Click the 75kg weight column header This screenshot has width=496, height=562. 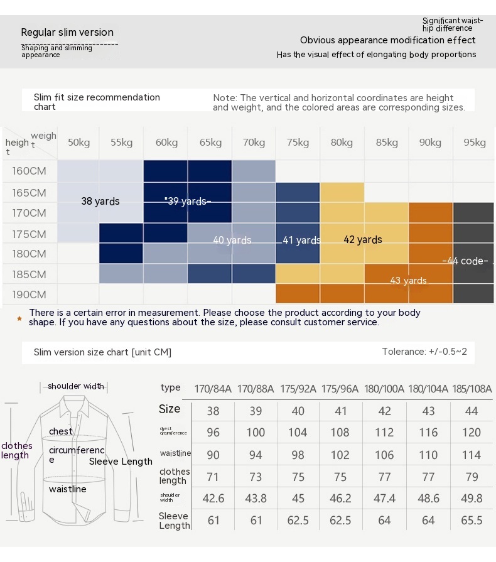coord(298,143)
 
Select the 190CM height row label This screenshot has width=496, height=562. coord(29,295)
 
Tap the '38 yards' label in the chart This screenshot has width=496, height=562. coord(100,202)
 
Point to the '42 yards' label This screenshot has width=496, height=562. coord(363,239)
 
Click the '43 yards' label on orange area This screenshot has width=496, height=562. coord(408,281)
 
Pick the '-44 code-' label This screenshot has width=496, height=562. coord(465,261)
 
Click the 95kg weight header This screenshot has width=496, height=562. coord(475,143)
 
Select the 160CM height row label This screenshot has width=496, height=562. coord(29,171)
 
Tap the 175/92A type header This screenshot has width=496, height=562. coord(298,389)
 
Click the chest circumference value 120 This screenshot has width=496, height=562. coord(472,433)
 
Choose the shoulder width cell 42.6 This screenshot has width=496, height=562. coord(213,498)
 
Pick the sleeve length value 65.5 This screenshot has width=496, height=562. coord(472,520)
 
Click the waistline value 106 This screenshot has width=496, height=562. coord(385,455)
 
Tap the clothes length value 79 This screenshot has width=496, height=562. coord(472,476)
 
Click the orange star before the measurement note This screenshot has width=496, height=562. coord(19,318)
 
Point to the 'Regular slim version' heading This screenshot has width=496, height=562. coord(67,33)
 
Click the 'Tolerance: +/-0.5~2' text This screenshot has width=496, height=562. coord(424,352)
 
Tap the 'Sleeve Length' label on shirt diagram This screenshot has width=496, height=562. coord(121,462)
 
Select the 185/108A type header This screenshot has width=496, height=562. coord(471,389)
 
